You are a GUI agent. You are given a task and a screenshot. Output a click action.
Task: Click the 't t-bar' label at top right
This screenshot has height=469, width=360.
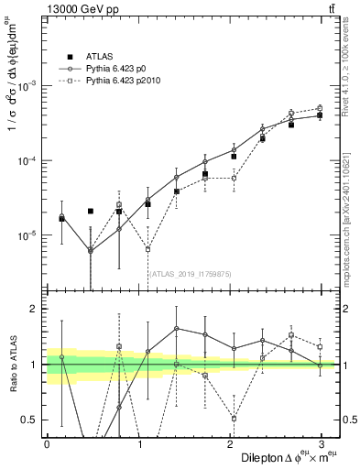[x=328, y=8]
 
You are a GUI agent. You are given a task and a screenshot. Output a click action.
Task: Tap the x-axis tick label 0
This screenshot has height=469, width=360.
[x=47, y=442]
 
